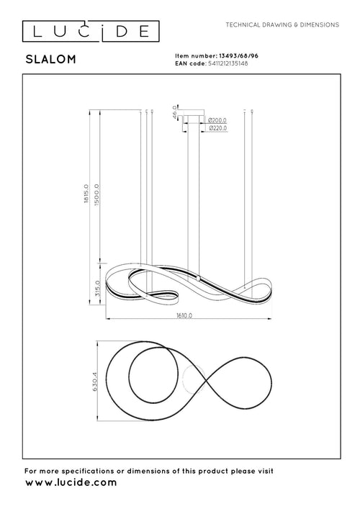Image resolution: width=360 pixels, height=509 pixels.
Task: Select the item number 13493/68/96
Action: [x=235, y=55]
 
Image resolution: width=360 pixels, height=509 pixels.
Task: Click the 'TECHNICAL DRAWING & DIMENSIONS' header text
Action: [x=282, y=24]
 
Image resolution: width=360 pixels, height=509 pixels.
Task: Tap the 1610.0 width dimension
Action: [x=188, y=315]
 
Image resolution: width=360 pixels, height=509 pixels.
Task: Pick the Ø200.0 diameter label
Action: [x=217, y=120]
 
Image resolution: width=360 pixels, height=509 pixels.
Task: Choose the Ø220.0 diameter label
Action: [x=217, y=128]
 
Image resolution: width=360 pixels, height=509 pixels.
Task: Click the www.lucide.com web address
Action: [x=71, y=483]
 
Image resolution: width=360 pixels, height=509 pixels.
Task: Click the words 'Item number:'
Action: [x=194, y=55]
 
